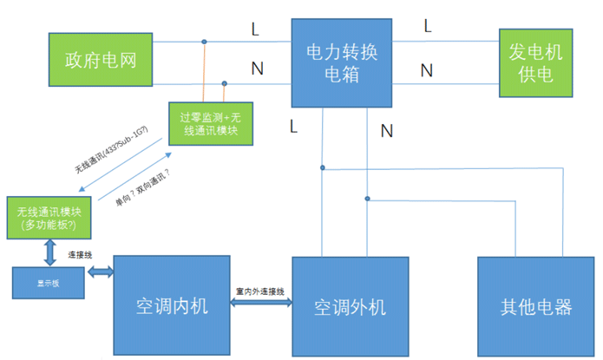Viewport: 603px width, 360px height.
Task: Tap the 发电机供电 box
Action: pyautogui.click(x=535, y=63)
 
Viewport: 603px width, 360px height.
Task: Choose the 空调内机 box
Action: pyautogui.click(x=173, y=306)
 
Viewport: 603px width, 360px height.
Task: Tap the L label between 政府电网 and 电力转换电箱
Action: pyautogui.click(x=255, y=29)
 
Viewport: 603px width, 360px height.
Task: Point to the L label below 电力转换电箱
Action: pyautogui.click(x=293, y=127)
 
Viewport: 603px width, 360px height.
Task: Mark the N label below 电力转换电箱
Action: pyautogui.click(x=386, y=131)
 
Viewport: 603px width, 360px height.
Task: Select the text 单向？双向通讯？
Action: pyautogui.click(x=141, y=185)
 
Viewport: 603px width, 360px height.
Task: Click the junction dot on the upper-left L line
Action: pyautogui.click(x=205, y=41)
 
